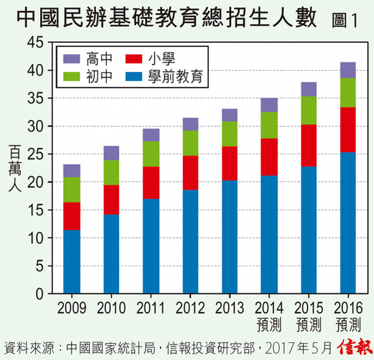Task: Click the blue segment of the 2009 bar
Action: pos(71,262)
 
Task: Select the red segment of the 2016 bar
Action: pos(348,130)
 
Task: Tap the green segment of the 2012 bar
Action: pos(190,143)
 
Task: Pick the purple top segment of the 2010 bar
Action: pos(111,153)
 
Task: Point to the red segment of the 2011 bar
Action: pos(151,183)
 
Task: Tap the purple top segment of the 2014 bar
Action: pos(269,105)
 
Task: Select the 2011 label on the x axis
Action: pos(151,307)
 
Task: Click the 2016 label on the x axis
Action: pos(348,307)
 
